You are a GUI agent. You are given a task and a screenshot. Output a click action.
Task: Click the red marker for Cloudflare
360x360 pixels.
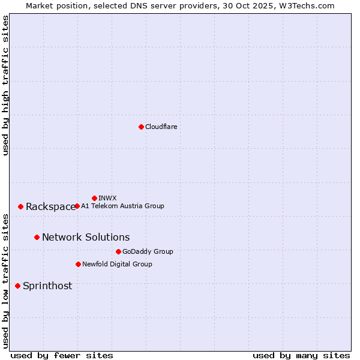tap(141, 127)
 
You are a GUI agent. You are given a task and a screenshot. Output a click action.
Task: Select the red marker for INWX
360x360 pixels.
tap(94, 198)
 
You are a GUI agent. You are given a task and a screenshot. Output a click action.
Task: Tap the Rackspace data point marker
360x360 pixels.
tap(20, 206)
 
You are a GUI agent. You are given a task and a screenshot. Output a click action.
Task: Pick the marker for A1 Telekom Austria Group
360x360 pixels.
tap(77, 206)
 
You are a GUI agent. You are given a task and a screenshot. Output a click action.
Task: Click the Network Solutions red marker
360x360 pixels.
tap(37, 237)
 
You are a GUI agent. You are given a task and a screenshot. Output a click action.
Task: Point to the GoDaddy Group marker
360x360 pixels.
tap(118, 251)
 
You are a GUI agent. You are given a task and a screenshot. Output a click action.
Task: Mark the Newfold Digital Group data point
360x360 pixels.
tap(78, 264)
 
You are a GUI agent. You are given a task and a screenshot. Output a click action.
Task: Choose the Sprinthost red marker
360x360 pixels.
tap(17, 286)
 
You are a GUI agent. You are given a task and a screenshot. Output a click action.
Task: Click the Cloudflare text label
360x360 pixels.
tap(161, 127)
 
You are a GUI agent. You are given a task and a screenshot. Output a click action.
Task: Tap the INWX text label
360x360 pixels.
tap(107, 198)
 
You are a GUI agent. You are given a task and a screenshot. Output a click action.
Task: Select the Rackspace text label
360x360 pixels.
tap(50, 207)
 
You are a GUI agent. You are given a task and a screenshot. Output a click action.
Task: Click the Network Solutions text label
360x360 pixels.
tap(86, 238)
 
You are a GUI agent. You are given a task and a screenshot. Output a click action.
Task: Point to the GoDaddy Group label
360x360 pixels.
tap(148, 251)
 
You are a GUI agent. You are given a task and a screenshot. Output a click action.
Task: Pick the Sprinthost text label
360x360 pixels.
tap(47, 286)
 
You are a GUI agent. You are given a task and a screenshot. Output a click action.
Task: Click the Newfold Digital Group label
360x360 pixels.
tap(117, 264)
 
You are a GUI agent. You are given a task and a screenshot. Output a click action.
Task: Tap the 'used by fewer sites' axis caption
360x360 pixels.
tap(62, 355)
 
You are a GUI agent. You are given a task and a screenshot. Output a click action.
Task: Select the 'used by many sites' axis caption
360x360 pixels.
tap(301, 355)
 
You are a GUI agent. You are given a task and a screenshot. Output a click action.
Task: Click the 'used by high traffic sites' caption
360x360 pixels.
tap(5, 85)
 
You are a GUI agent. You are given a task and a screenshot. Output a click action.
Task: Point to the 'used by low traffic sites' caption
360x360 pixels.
tap(5, 280)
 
